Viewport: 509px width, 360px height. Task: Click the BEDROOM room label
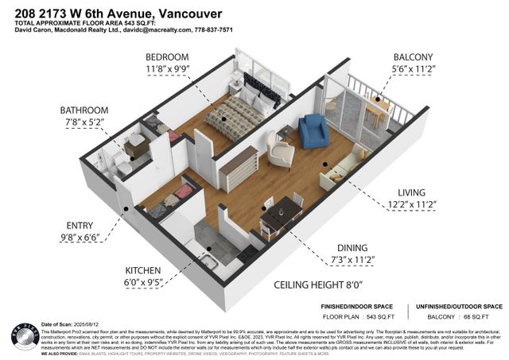pos(166,57)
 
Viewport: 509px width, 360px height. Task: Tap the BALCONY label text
pos(413,57)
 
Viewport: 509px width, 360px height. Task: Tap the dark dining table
pos(282,214)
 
